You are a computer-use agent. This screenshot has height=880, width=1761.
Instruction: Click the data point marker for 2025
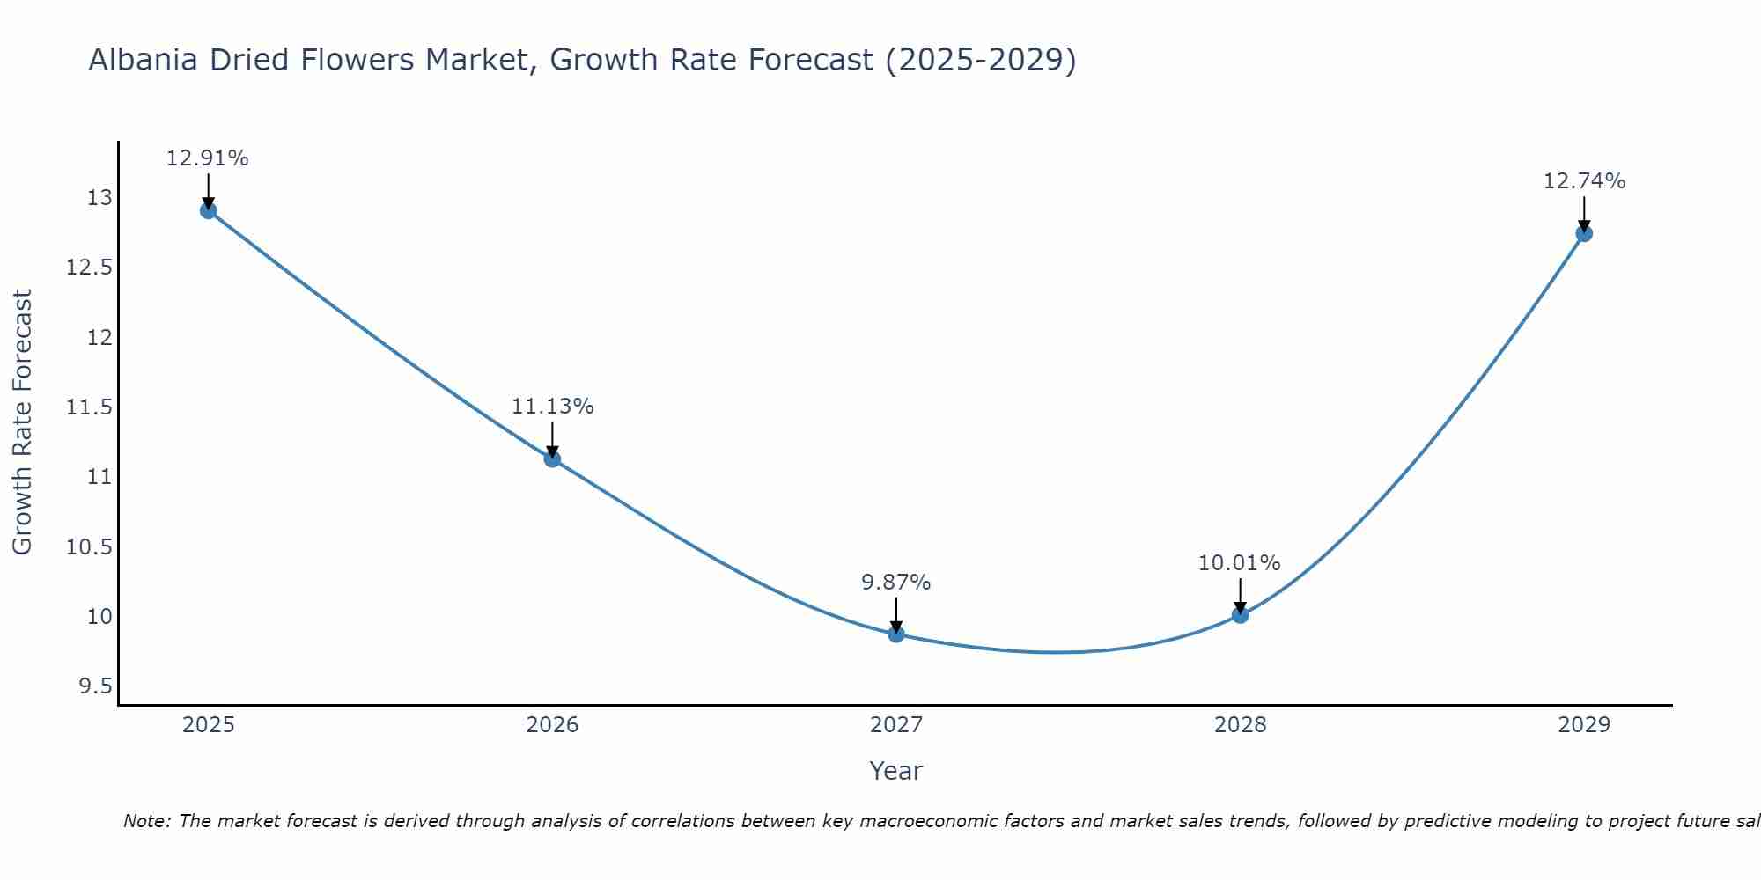[x=209, y=210]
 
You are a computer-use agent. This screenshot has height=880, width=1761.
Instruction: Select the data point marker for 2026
[x=552, y=458]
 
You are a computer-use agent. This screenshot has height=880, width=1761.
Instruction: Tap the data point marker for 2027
[x=896, y=634]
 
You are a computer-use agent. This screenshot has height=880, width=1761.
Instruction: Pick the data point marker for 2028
[x=1240, y=614]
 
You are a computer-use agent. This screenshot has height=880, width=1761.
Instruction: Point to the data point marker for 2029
[x=1584, y=233]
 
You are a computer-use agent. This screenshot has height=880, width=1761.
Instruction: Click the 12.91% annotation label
[x=208, y=158]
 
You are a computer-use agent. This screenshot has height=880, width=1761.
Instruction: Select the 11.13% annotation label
[x=552, y=407]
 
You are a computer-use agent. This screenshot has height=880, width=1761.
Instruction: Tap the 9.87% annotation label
[x=895, y=582]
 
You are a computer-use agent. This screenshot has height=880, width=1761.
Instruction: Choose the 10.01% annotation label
[x=1239, y=562]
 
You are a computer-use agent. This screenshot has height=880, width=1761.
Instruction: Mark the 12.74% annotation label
[x=1584, y=181]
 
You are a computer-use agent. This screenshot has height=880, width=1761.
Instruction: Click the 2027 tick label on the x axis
[x=896, y=725]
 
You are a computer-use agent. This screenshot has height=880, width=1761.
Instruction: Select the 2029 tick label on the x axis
[x=1584, y=725]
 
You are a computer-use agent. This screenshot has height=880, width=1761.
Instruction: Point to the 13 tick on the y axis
[x=100, y=198]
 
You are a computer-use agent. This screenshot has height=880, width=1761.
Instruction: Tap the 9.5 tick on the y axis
[x=96, y=686]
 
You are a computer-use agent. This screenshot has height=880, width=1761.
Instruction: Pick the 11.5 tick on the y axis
[x=90, y=407]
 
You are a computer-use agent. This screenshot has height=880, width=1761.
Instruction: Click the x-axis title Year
[x=895, y=771]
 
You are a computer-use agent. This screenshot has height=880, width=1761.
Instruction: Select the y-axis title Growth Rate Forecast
[x=22, y=422]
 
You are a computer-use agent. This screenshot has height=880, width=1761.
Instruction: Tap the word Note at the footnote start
[x=147, y=821]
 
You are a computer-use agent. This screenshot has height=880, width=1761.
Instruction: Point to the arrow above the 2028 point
[x=1240, y=594]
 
